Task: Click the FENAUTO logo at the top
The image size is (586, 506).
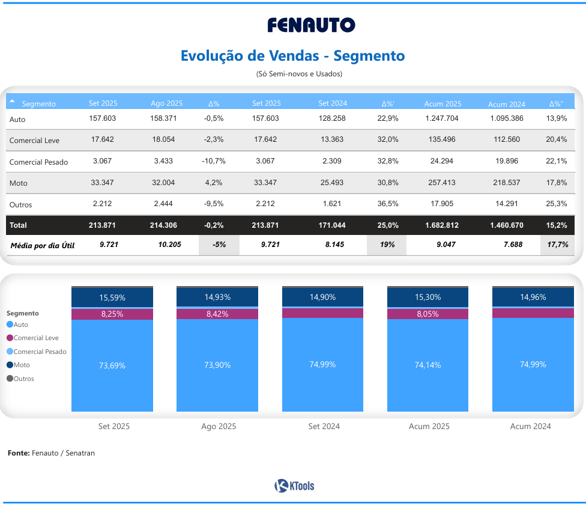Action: (x=311, y=25)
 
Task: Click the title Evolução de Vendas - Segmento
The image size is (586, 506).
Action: (x=293, y=56)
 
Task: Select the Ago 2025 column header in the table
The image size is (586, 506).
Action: (x=166, y=103)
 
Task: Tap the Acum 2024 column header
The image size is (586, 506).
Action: (x=506, y=104)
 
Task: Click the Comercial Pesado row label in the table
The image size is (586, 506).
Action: (x=39, y=162)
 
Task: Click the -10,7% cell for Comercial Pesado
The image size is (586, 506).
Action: (x=214, y=162)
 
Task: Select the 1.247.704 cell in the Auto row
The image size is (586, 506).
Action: (x=443, y=118)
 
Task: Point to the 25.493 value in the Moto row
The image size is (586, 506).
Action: (x=332, y=183)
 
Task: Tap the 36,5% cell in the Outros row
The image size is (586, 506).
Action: (x=388, y=204)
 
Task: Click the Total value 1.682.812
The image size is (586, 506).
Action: (x=443, y=225)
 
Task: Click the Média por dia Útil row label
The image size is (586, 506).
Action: (x=43, y=245)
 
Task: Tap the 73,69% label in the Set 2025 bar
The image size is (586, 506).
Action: (x=112, y=365)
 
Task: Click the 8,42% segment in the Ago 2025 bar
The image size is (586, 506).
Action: (x=217, y=314)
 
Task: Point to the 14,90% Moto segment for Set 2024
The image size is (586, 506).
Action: (x=323, y=297)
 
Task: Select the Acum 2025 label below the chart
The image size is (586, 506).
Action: (x=427, y=427)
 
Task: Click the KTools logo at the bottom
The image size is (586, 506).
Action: (x=294, y=486)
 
